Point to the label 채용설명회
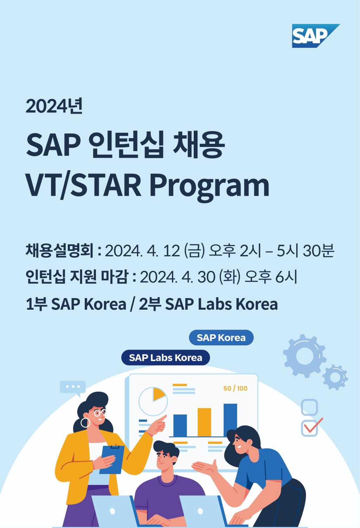pos(59,251)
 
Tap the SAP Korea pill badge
pos(221,337)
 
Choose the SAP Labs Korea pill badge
pos(166,358)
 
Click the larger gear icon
pos(304,356)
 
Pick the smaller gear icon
pos(335,377)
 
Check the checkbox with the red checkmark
pos(310,428)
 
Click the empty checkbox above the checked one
pos(309,407)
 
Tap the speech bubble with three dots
pos(73,387)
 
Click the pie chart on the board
pos(153,401)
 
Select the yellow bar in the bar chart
pos(204,422)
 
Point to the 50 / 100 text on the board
pos(235,388)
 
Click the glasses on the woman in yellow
pos(99,412)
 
